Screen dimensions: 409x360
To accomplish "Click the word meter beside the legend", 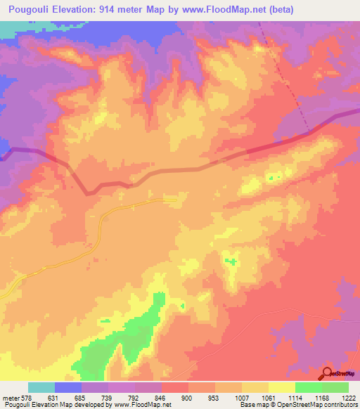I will [9, 397].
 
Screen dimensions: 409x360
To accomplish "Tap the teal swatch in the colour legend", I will [41, 387].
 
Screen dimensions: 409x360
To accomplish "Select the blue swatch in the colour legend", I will [68, 387].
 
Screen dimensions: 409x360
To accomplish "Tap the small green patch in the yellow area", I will [230, 262].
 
